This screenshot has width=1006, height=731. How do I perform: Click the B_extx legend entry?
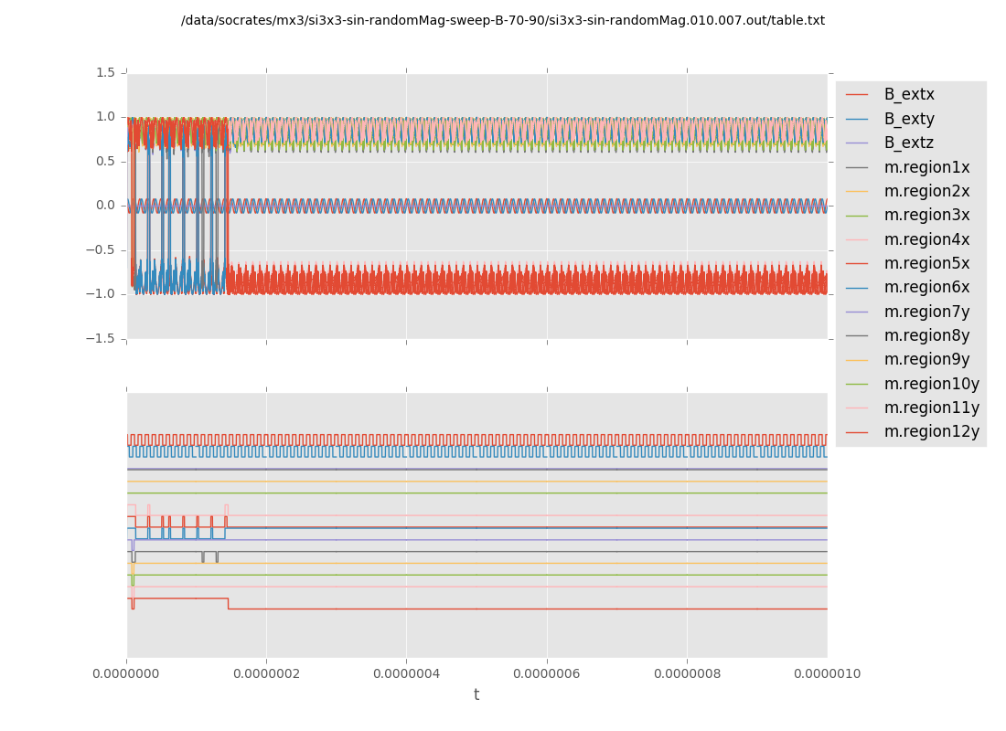tap(909, 94)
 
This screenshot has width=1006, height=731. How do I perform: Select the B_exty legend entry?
tap(909, 119)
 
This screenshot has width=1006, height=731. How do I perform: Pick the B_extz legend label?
tap(909, 143)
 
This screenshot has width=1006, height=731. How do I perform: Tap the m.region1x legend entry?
tap(926, 167)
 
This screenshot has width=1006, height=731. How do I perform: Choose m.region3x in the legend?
tap(926, 215)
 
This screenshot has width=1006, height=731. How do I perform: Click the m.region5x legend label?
tap(926, 263)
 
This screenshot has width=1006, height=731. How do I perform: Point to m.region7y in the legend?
tap(926, 312)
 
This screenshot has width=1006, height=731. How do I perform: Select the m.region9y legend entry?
tap(926, 359)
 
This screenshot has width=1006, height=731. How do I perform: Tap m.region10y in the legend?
tap(931, 384)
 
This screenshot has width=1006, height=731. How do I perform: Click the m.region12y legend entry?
tap(931, 431)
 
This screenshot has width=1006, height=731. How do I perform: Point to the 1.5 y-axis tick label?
tap(105, 72)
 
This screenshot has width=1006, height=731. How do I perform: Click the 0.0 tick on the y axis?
tap(105, 206)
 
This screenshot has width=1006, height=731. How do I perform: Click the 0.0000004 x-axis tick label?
tap(406, 674)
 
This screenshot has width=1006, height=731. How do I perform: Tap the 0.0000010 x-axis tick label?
tap(827, 674)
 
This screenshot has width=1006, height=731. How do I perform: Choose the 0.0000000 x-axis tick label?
tap(126, 674)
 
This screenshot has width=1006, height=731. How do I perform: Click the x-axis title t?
tap(476, 695)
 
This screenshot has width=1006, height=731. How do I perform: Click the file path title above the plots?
tap(503, 20)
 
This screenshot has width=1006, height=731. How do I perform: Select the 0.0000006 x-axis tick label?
tap(547, 674)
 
